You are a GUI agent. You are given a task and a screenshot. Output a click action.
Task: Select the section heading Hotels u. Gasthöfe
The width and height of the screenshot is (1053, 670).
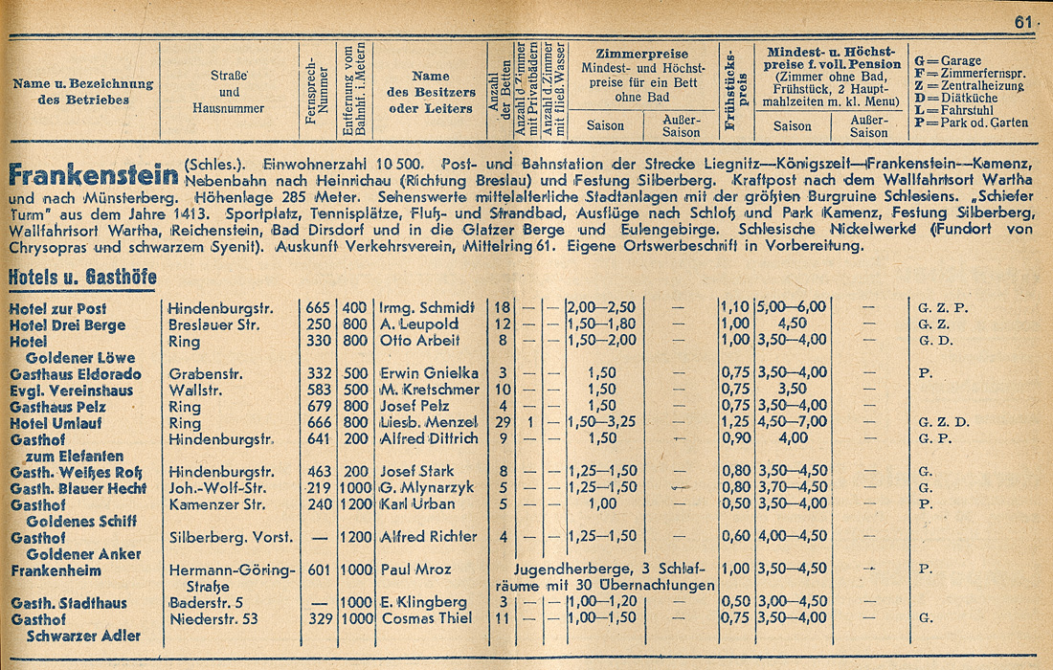click(81, 278)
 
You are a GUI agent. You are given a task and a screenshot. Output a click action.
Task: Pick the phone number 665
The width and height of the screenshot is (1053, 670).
click(318, 309)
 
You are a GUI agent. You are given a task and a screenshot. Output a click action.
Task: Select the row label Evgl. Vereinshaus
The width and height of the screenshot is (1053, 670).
click(72, 391)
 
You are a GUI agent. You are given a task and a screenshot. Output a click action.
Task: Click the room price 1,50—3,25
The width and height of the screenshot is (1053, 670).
click(602, 423)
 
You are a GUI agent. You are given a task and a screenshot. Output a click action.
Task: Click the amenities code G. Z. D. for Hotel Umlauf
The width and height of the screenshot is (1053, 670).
click(944, 423)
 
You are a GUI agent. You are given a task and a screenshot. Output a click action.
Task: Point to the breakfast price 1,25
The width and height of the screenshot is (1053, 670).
click(733, 423)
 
